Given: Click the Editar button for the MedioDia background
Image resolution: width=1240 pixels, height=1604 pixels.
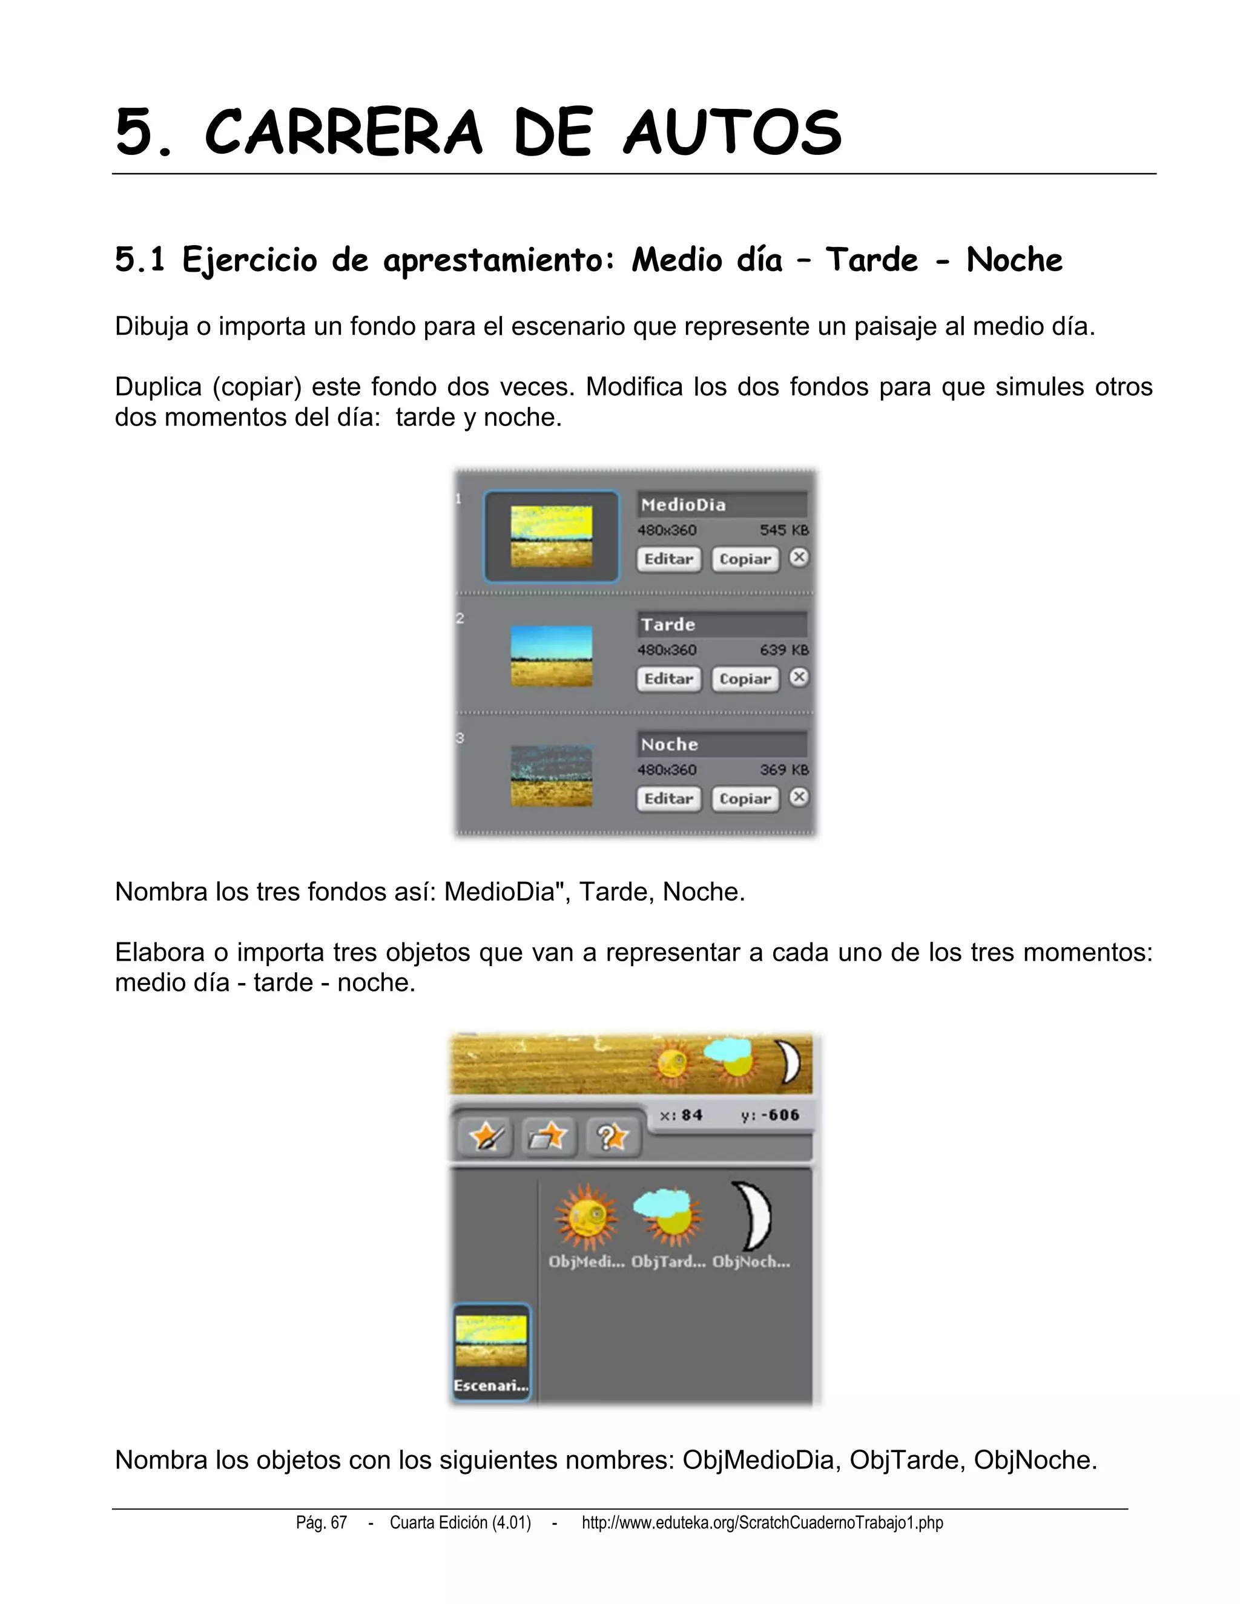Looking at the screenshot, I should point(668,559).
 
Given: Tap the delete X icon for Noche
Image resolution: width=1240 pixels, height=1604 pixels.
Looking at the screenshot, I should point(799,797).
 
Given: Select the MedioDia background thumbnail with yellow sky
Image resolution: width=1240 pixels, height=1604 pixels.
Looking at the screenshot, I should point(551,536).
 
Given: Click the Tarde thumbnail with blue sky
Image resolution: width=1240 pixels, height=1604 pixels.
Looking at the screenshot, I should point(551,656).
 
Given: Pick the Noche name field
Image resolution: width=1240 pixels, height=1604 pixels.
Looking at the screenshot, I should point(721,744).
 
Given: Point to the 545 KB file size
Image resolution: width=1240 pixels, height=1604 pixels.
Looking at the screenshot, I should point(784,530).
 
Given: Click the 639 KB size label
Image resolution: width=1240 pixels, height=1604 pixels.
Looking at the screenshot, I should point(784,650).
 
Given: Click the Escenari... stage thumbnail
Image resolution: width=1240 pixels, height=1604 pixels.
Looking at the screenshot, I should point(490,1352).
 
